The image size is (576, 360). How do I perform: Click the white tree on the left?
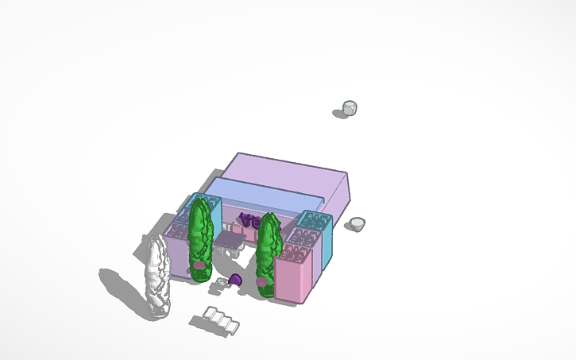coord(156,278)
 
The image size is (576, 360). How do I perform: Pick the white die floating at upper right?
coord(350,108)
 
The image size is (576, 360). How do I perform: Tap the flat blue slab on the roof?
coord(262,195)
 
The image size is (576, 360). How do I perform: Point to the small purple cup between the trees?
coord(236,280)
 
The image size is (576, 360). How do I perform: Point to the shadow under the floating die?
coord(340,114)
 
